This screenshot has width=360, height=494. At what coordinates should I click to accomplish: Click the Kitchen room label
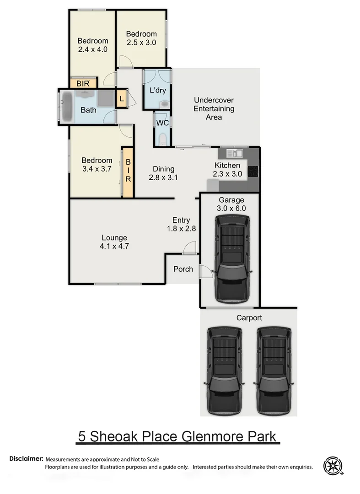227,165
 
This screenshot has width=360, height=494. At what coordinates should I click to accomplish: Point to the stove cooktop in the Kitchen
253,172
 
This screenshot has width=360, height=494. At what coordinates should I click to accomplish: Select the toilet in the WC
162,138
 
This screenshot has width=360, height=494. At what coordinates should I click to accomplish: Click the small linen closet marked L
122,98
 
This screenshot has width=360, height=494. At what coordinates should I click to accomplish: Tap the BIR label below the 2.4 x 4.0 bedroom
83,84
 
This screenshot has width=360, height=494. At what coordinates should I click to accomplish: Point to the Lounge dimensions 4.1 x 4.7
114,246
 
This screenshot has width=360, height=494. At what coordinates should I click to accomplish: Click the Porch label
183,269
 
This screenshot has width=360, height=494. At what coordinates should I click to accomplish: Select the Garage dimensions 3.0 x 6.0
232,208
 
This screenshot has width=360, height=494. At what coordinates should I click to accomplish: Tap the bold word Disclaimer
26,458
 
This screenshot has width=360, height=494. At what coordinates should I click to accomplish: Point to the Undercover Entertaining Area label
214,108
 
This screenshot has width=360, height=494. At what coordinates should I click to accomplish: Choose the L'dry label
158,90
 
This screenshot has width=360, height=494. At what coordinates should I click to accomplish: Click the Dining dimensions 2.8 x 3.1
163,177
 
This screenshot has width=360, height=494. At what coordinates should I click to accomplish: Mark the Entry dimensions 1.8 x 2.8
181,228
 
